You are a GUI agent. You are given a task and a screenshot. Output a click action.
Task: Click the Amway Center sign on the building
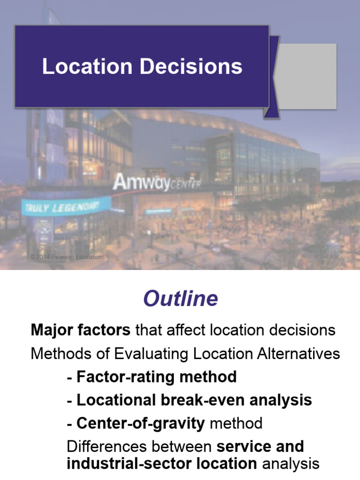[x=157, y=182]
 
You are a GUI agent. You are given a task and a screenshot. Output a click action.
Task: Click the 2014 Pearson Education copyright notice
[x=66, y=257]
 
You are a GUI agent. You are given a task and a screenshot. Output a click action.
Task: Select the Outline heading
[x=180, y=299]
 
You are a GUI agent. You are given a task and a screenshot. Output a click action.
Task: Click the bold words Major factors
[x=80, y=330]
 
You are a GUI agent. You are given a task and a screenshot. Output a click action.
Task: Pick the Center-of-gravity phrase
[x=141, y=423]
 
